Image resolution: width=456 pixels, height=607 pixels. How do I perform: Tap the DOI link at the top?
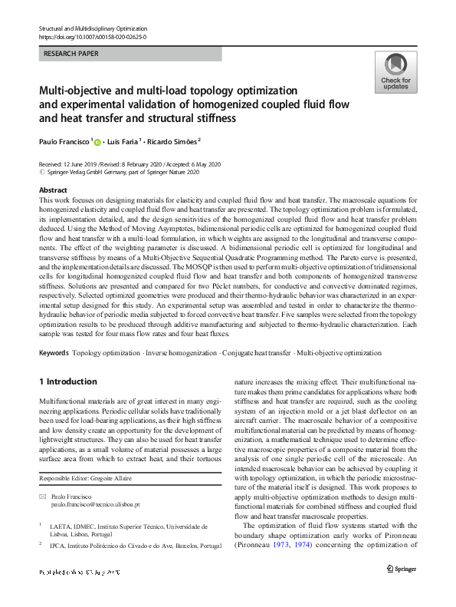pos(92,36)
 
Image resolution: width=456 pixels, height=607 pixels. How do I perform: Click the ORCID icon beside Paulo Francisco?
pos(98,142)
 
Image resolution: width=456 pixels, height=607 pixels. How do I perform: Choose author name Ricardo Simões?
pos(172,141)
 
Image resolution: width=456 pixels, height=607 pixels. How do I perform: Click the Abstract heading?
pos(52,190)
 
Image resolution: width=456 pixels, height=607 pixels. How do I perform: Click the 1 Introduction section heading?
pos(67,382)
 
